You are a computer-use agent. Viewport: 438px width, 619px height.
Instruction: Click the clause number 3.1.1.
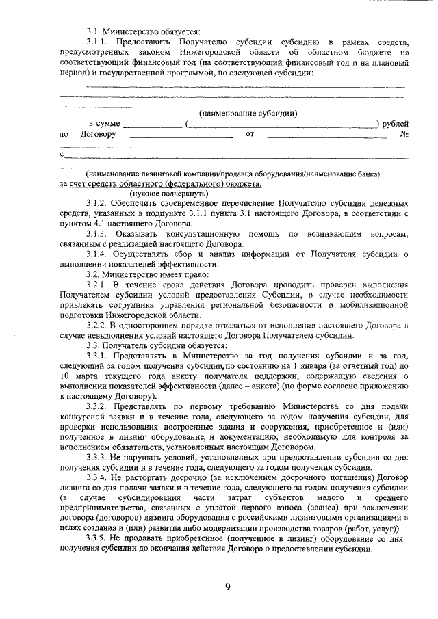click(x=101, y=43)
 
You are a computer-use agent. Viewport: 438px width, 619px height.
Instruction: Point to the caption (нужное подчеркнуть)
click(x=169, y=194)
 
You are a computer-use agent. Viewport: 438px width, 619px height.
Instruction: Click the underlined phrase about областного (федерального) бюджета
click(x=160, y=184)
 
